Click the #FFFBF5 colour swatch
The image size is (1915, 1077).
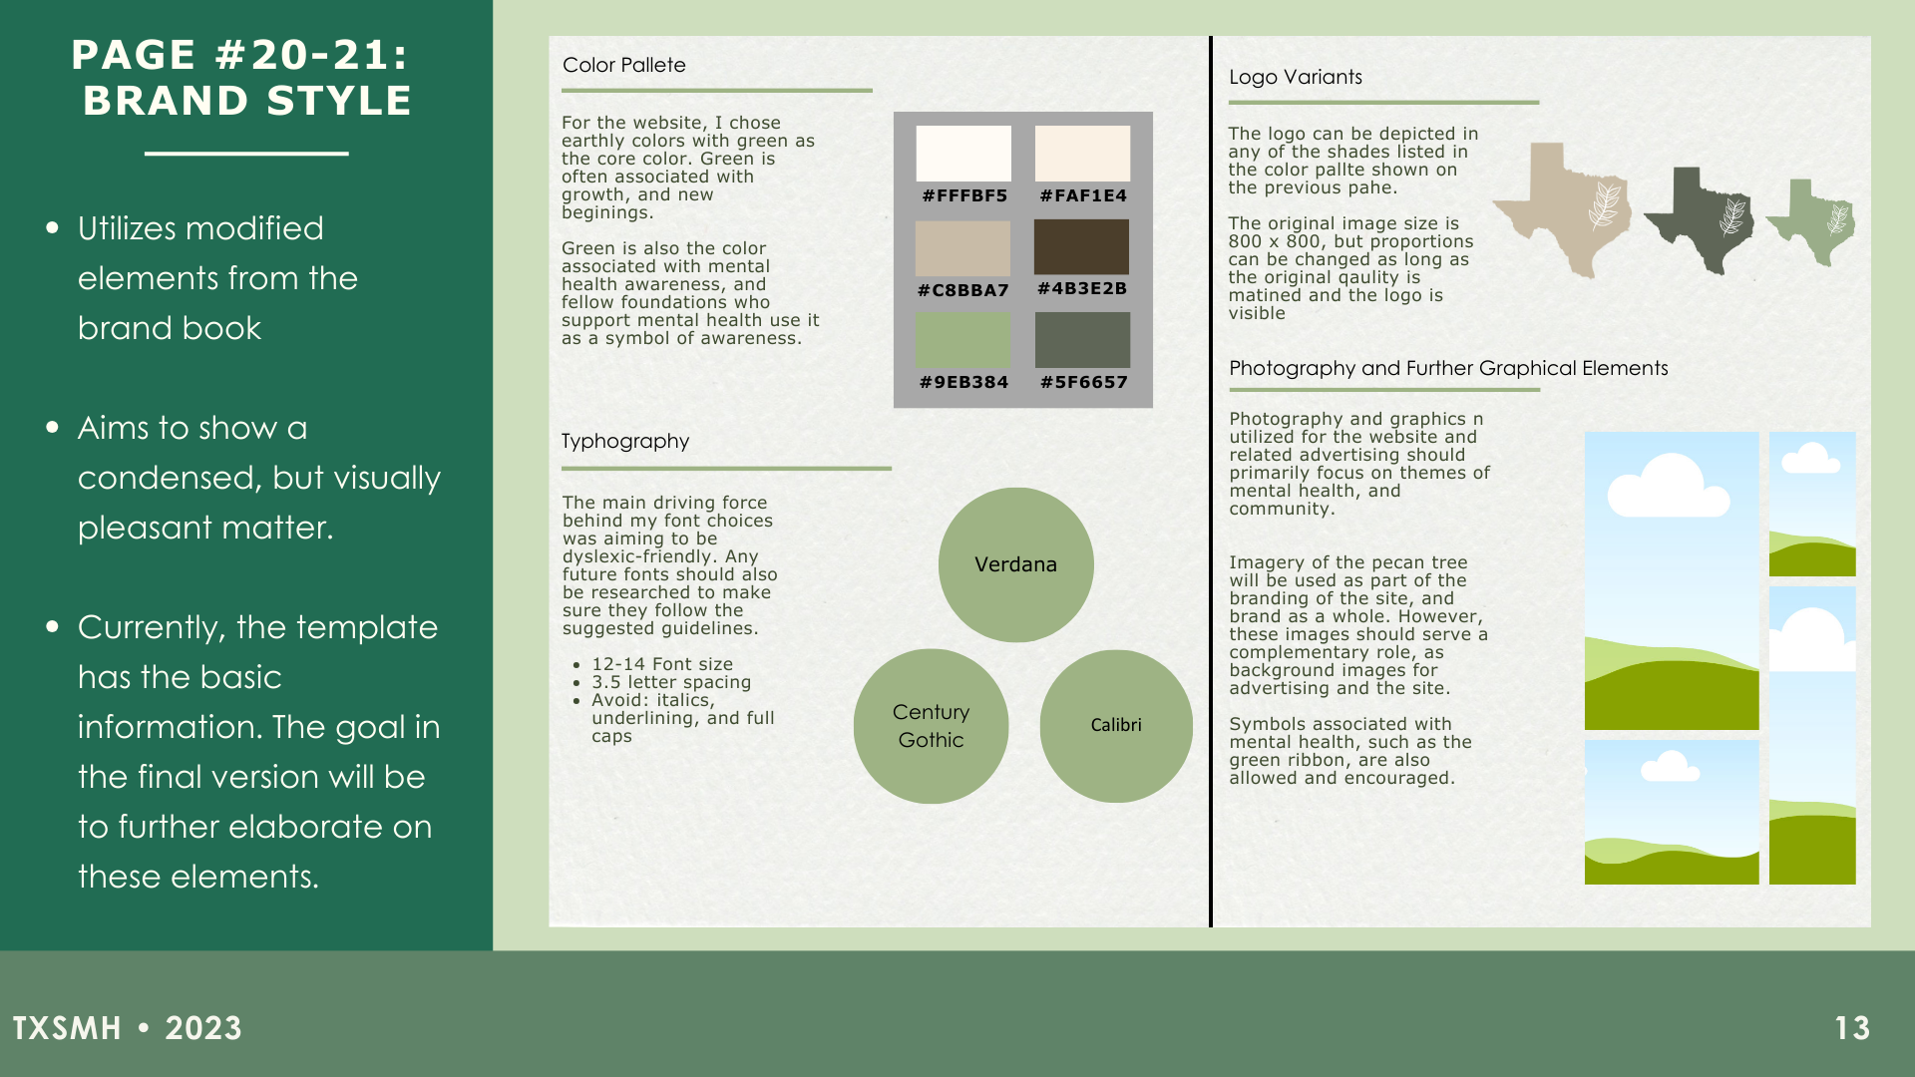click(963, 154)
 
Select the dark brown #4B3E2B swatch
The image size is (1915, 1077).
click(1081, 246)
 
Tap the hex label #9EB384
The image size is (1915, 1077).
click(963, 382)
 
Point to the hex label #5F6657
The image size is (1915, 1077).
click(1083, 382)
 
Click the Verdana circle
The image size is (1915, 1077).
click(1015, 564)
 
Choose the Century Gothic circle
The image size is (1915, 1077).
click(931, 726)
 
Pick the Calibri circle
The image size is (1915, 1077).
click(1115, 726)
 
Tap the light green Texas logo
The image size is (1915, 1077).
click(1813, 221)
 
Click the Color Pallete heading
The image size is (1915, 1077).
click(624, 65)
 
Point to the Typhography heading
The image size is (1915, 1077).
click(625, 441)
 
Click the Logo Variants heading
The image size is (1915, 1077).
click(1295, 77)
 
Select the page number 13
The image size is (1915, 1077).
click(1852, 1028)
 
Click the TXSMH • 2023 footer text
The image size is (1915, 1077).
click(127, 1028)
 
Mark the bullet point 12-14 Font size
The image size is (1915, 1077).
click(661, 664)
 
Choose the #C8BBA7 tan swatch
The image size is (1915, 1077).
click(962, 248)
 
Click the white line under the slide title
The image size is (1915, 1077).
click(246, 154)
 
